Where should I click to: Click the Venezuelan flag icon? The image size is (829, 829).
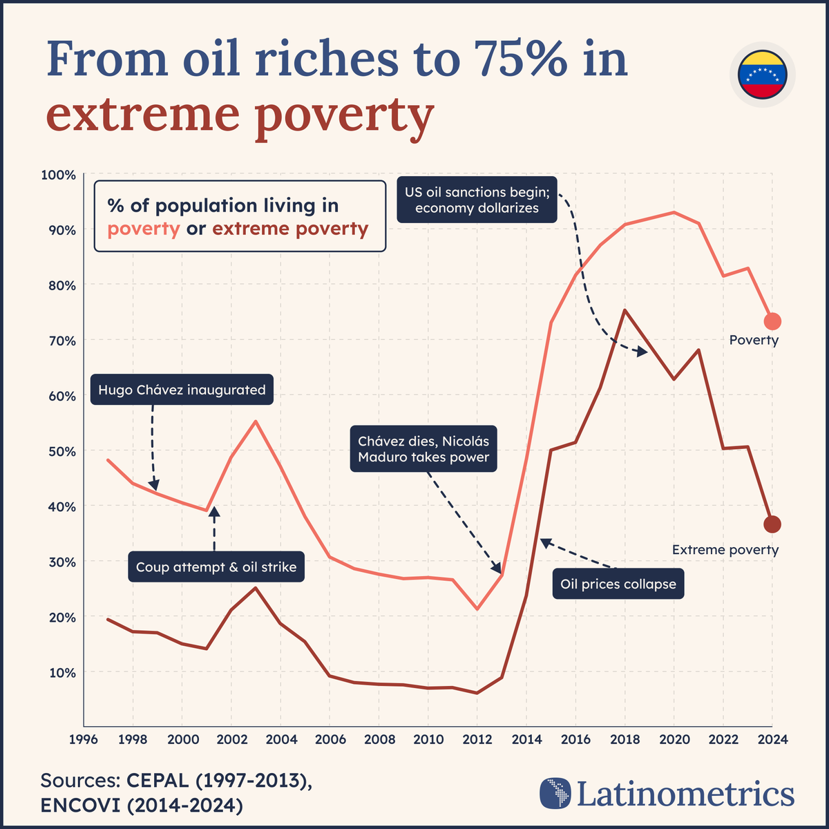(x=762, y=74)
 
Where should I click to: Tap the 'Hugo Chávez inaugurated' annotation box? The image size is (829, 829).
(x=182, y=390)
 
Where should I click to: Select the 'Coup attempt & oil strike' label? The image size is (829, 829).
(x=216, y=567)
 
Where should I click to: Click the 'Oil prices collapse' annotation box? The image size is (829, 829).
(x=618, y=584)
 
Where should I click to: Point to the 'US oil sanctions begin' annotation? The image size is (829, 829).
(x=477, y=200)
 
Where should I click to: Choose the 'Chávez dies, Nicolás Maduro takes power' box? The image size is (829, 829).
(x=423, y=449)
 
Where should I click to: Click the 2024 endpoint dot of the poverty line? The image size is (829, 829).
(x=772, y=321)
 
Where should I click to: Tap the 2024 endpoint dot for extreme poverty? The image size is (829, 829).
(x=772, y=524)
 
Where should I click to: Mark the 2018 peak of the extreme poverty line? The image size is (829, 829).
(x=625, y=310)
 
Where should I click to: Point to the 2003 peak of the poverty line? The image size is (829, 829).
(x=256, y=421)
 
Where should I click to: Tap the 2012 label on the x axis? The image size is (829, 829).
(x=477, y=739)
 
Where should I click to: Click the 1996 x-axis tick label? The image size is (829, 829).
(x=83, y=739)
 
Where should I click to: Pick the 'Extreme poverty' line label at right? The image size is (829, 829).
(x=725, y=550)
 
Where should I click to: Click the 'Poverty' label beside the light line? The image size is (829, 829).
(x=754, y=340)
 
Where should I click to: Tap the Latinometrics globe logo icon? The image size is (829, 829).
(x=555, y=793)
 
